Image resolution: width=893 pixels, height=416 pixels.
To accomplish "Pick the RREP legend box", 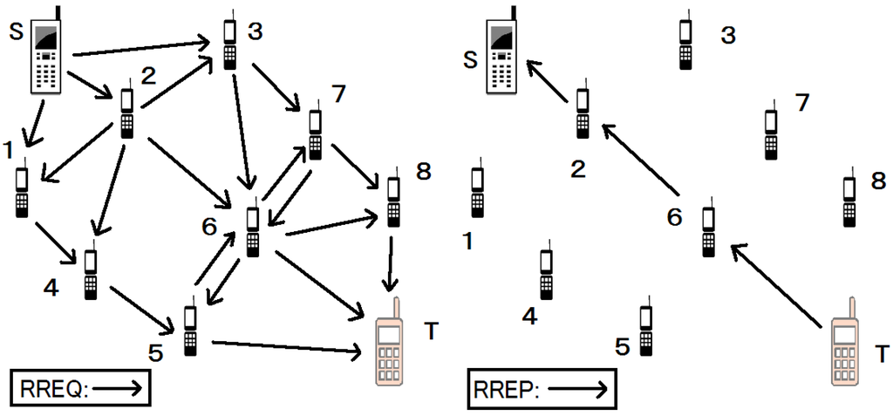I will pyautogui.click(x=542, y=389).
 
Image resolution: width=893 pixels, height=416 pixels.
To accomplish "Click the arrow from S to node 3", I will pyautogui.click(x=140, y=48).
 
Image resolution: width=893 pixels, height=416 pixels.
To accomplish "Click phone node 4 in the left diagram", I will pyautogui.click(x=90, y=276).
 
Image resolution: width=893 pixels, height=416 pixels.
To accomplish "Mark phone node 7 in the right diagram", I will pyautogui.click(x=770, y=134).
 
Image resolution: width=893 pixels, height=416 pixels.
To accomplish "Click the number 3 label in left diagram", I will pyautogui.click(x=255, y=32).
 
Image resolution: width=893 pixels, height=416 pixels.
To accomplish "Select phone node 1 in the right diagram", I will pyautogui.click(x=477, y=192).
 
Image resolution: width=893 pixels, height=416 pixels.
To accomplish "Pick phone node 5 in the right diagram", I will pyautogui.click(x=645, y=331).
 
